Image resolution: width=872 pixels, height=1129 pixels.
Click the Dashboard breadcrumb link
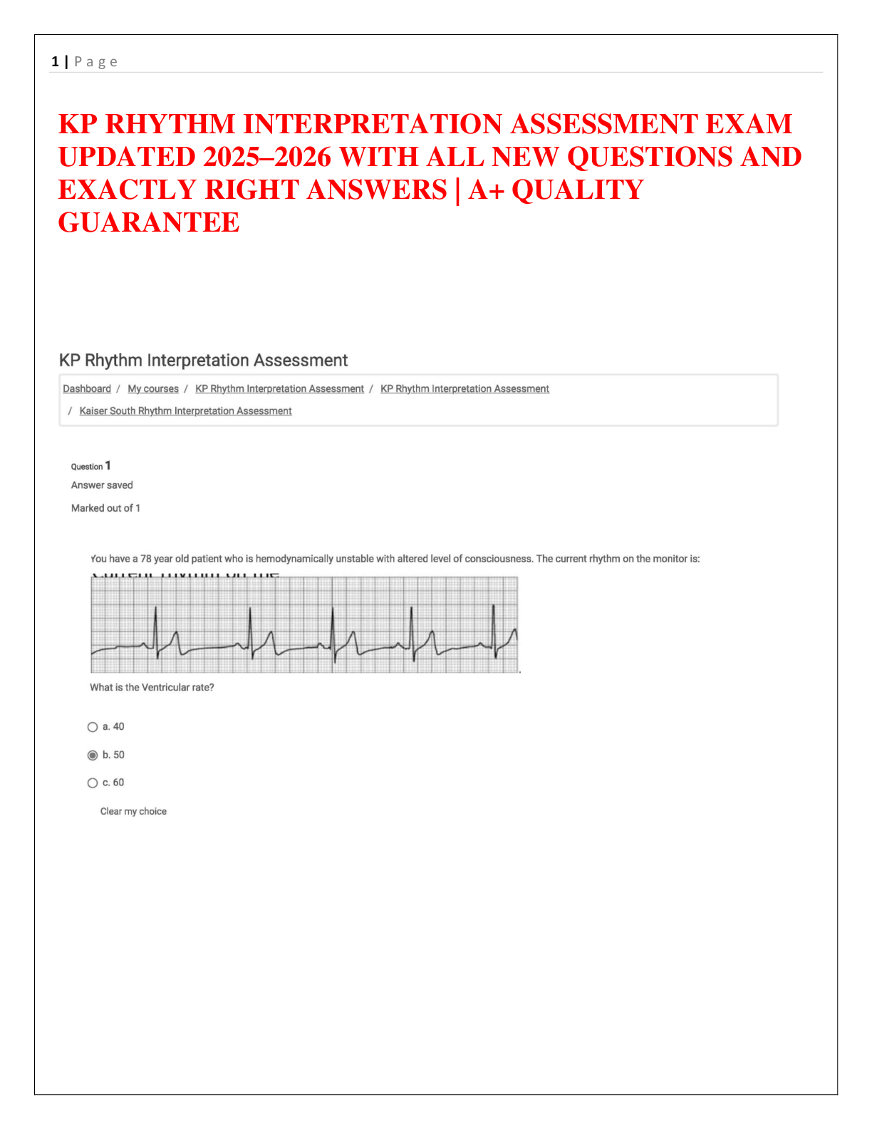point(87,388)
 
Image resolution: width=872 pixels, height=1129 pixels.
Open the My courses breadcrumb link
point(153,388)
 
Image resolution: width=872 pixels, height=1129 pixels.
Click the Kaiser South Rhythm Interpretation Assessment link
point(185,411)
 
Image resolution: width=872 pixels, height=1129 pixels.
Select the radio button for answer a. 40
point(93,727)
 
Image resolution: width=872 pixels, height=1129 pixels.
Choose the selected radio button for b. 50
point(93,755)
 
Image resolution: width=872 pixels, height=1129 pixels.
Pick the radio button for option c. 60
point(93,783)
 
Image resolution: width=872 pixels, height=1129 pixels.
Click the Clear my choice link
point(133,811)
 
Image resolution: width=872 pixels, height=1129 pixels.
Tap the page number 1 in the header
point(55,62)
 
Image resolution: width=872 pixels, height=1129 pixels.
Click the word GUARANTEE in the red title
point(149,222)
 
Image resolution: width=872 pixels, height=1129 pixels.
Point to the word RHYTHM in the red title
point(170,124)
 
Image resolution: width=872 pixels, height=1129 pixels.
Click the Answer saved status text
point(102,485)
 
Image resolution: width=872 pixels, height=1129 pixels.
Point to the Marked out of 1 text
point(105,508)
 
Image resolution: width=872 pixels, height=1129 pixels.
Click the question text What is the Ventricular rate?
point(152,687)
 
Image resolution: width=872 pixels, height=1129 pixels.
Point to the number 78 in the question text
point(146,559)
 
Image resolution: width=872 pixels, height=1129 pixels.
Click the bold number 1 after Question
point(108,465)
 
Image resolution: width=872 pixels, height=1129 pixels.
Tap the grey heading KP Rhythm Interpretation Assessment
point(203,361)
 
